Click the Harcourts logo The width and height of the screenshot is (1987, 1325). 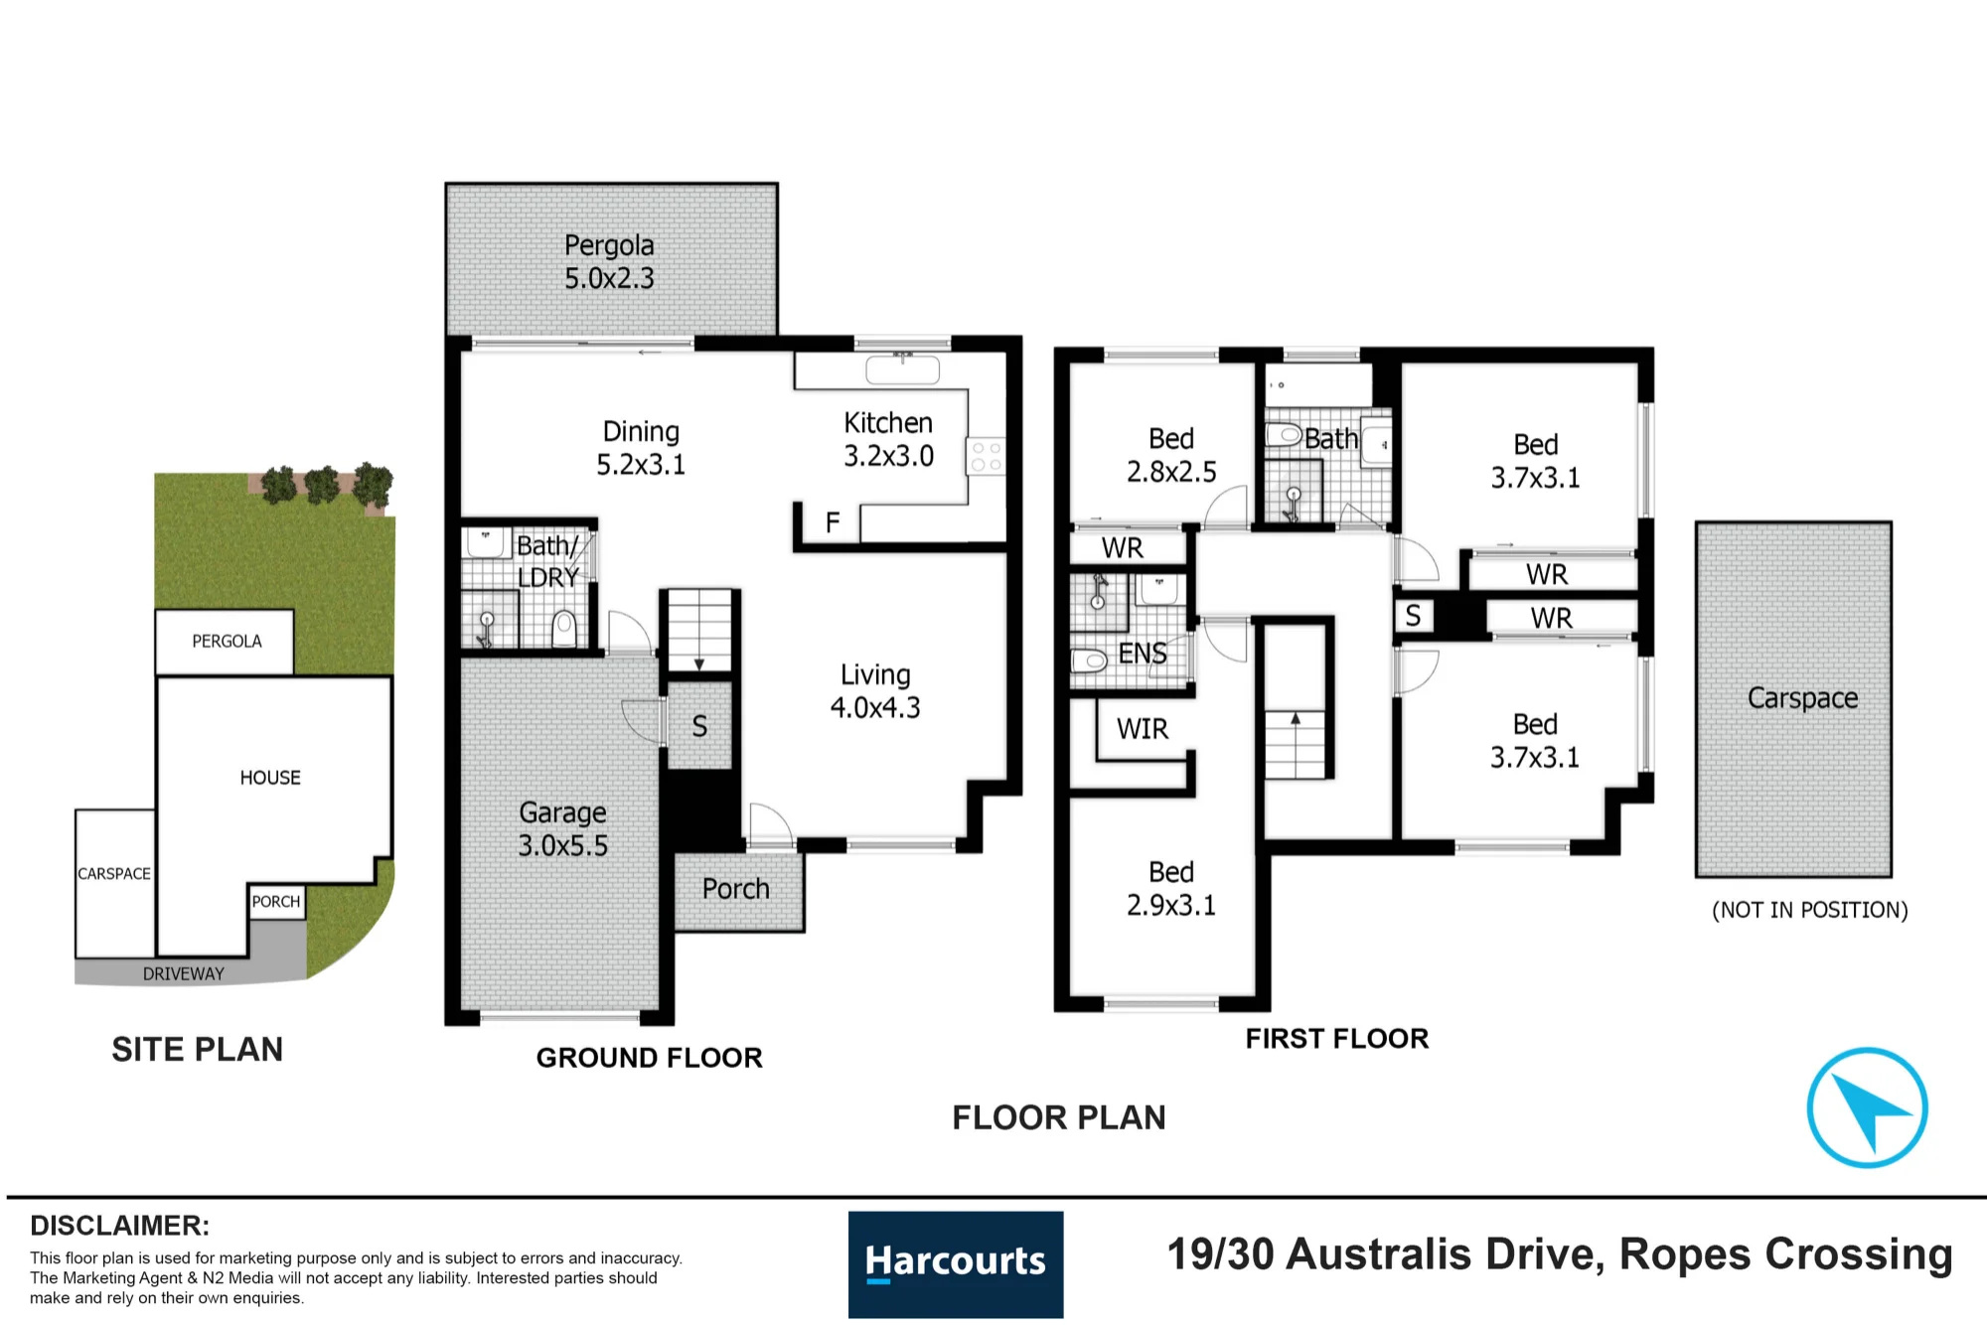(x=956, y=1263)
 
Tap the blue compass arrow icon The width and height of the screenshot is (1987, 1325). (x=1867, y=1107)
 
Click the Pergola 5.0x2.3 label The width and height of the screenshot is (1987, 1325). (x=609, y=261)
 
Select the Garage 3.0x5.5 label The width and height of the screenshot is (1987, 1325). (x=562, y=828)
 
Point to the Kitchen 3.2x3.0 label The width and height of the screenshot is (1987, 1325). (x=888, y=439)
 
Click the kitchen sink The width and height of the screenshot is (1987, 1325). (x=902, y=369)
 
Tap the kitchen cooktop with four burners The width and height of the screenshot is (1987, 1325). (x=987, y=457)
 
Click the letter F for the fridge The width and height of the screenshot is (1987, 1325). (x=833, y=521)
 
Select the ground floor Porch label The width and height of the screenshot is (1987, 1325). (x=736, y=889)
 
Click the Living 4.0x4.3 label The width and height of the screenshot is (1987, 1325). (x=875, y=690)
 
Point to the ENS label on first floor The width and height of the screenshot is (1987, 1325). (x=1143, y=654)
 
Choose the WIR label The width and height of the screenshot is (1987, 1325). (x=1143, y=729)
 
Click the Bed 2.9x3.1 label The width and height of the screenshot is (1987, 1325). (x=1171, y=888)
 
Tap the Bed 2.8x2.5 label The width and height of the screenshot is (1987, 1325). (x=1171, y=455)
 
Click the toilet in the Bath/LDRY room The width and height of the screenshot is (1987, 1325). (x=564, y=629)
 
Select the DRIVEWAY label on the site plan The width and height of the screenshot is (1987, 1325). (x=184, y=974)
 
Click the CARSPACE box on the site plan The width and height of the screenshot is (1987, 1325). (x=115, y=883)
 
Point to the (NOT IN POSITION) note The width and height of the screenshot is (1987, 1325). (x=1810, y=910)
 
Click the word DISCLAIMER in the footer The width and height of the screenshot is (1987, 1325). (x=119, y=1226)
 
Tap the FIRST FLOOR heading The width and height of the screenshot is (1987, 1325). (x=1337, y=1039)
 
